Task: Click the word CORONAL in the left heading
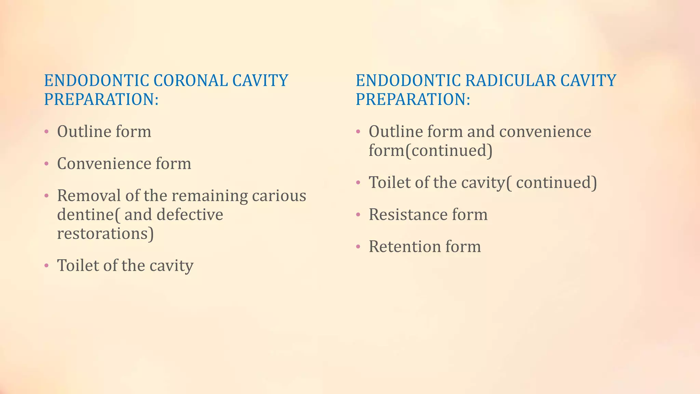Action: (190, 81)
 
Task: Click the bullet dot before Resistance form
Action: (358, 215)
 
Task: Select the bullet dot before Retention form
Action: (358, 247)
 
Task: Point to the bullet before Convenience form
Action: (46, 164)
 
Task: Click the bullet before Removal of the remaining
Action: (46, 196)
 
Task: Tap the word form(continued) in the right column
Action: (430, 151)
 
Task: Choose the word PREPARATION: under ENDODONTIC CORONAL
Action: (101, 100)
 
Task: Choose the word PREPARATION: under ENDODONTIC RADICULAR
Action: (413, 100)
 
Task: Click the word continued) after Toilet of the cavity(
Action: (556, 183)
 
